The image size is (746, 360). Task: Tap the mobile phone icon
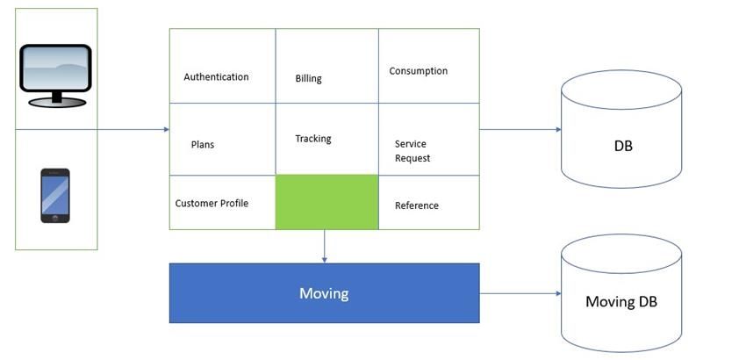pyautogui.click(x=54, y=195)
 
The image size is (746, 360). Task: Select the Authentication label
pyautogui.click(x=216, y=77)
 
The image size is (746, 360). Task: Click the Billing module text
pyautogui.click(x=308, y=79)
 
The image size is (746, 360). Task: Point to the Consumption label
pyautogui.click(x=418, y=71)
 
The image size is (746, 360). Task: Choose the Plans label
pyautogui.click(x=202, y=145)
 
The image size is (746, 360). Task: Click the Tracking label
pyautogui.click(x=312, y=139)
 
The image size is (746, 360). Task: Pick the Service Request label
pyautogui.click(x=412, y=151)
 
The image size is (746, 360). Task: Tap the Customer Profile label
pyautogui.click(x=212, y=204)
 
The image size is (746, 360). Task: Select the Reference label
pyautogui.click(x=416, y=205)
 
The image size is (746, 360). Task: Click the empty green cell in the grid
pyautogui.click(x=326, y=202)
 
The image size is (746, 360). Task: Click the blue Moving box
pyautogui.click(x=246, y=293)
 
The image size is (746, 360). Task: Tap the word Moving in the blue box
pyautogui.click(x=324, y=293)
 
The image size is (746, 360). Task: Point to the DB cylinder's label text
pyautogui.click(x=623, y=147)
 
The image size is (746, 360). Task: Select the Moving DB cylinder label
pyautogui.click(x=621, y=302)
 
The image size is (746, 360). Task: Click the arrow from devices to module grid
pyautogui.click(x=132, y=130)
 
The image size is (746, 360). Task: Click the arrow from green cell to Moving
pyautogui.click(x=325, y=246)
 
